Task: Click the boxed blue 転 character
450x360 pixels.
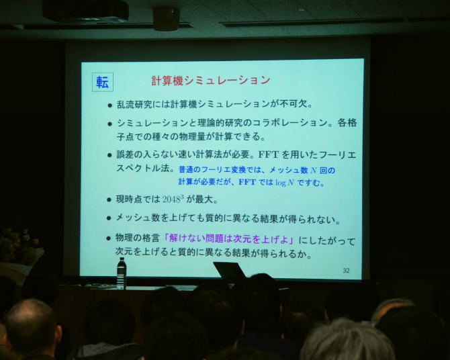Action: coord(103,83)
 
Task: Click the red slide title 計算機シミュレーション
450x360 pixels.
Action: coord(211,81)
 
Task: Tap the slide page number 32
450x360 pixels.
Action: coord(346,271)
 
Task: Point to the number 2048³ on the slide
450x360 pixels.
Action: coord(173,199)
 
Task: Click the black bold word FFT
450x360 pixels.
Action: coord(269,154)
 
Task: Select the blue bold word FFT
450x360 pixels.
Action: coord(247,182)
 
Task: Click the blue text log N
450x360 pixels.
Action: coord(285,182)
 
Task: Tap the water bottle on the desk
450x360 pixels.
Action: coord(122,273)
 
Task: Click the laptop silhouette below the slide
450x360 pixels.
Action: coord(230,271)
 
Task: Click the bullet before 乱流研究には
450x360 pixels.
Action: coord(109,105)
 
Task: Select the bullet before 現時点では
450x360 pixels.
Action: coord(109,199)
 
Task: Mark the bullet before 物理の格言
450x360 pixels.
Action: coord(108,238)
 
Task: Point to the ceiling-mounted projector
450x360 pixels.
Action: coord(85,11)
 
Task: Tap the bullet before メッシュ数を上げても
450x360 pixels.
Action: coord(109,218)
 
